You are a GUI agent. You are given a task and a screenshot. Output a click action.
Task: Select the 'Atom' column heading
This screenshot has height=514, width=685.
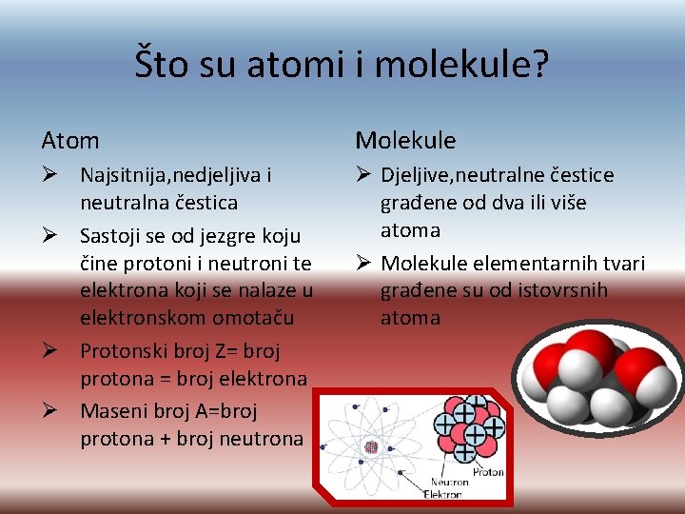pyautogui.click(x=70, y=141)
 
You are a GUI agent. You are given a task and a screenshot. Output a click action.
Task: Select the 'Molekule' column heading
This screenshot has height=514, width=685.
pyautogui.click(x=405, y=141)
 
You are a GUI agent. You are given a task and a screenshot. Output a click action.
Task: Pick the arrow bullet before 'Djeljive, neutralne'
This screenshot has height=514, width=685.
pyautogui.click(x=365, y=175)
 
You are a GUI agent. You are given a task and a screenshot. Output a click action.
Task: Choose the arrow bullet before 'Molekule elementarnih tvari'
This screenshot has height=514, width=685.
pyautogui.click(x=365, y=264)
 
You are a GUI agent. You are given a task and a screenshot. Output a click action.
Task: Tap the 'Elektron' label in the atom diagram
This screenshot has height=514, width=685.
pyautogui.click(x=442, y=495)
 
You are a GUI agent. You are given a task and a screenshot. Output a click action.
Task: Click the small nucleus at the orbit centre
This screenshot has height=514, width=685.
pyautogui.click(x=371, y=446)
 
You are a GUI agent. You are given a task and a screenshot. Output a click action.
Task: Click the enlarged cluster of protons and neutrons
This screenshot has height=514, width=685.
pyautogui.click(x=467, y=425)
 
